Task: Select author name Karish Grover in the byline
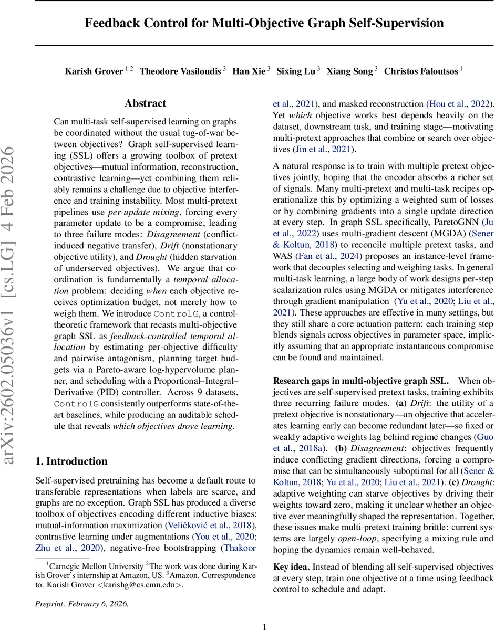pos(94,71)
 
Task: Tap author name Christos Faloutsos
pos(421,71)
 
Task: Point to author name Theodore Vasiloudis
pos(180,71)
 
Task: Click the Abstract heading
pos(146,103)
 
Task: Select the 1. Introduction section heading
pos(71,461)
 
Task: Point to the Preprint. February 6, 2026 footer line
pos(81,603)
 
